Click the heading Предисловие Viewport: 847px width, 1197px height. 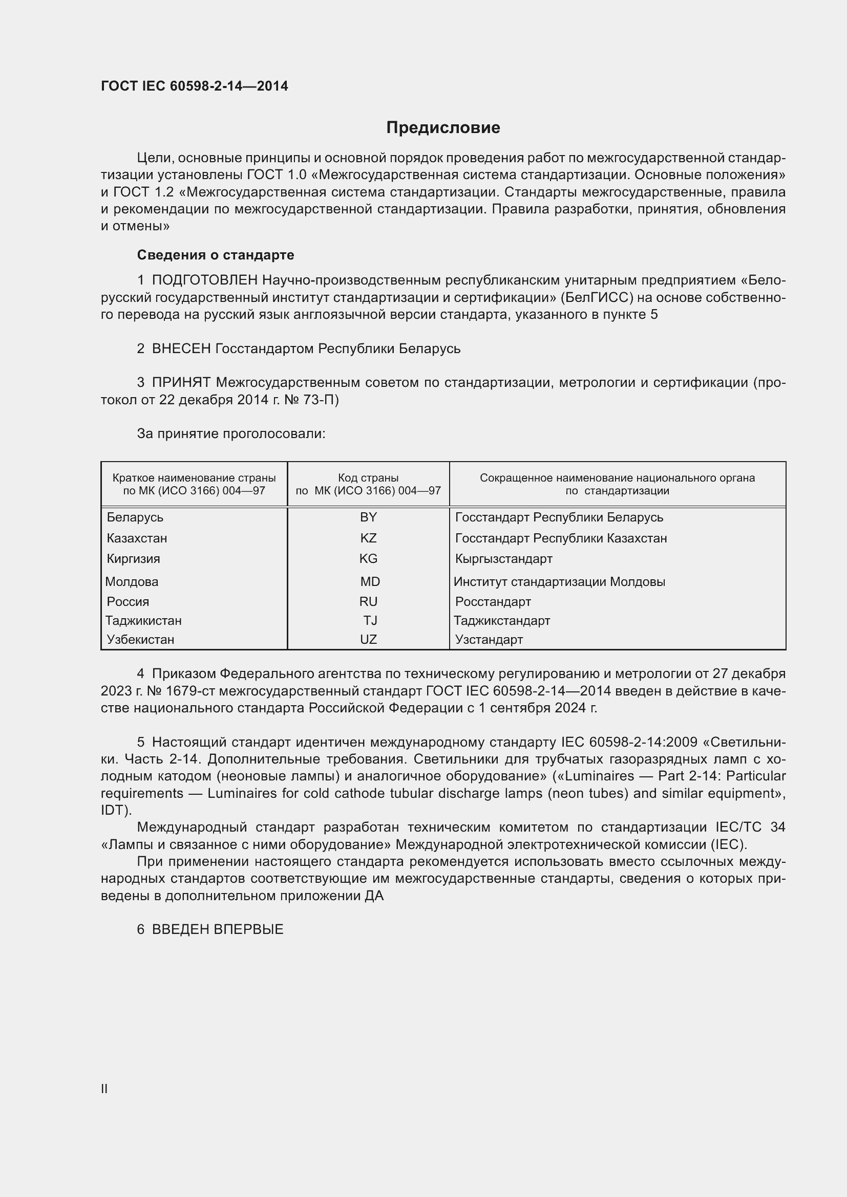pos(443,128)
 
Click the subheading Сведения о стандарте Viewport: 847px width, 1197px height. pos(216,255)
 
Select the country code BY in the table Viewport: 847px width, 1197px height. pos(368,517)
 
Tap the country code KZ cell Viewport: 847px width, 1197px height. pos(368,538)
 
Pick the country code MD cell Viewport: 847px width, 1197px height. pos(370,581)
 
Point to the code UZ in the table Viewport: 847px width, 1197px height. pos(368,639)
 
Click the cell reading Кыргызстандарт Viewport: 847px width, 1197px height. pos(503,559)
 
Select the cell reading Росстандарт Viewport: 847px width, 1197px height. pos(493,602)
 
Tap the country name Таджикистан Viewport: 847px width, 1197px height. pos(143,620)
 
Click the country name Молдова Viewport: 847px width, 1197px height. pos(132,581)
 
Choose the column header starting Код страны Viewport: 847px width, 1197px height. pos(368,484)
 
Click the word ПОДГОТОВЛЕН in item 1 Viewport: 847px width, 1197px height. pos(204,280)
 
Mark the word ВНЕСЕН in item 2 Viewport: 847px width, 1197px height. pos(181,349)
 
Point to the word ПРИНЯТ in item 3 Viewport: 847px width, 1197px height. pos(181,382)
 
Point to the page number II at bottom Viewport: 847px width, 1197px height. pos(104,1089)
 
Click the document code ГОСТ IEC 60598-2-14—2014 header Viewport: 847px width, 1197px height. pos(195,86)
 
